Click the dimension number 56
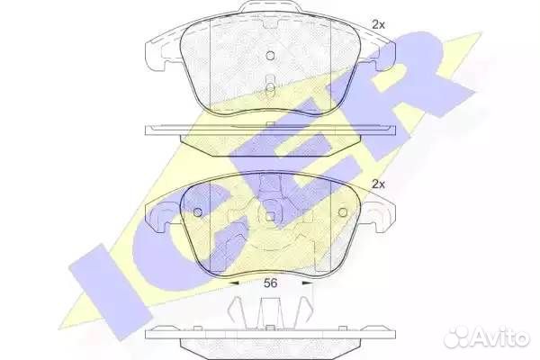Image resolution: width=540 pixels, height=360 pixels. pos(269,283)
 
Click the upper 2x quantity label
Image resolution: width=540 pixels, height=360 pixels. pos(379,25)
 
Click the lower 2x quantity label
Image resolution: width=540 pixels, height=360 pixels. pos(379,184)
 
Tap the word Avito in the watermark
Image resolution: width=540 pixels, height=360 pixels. pos(504,337)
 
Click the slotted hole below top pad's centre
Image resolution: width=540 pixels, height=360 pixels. pos(270,86)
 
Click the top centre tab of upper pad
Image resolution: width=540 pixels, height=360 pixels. pos(270,13)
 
